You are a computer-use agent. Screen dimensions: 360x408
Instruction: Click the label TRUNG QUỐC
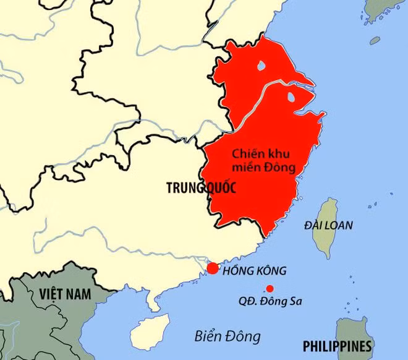point(202,189)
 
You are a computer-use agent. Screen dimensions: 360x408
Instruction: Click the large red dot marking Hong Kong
point(213,268)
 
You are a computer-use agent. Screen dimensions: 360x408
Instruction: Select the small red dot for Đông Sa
point(270,288)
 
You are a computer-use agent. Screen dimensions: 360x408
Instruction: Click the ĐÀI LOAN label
point(328,226)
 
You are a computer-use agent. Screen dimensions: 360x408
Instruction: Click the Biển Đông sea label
point(227,336)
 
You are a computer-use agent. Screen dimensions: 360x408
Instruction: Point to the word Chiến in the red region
point(245,153)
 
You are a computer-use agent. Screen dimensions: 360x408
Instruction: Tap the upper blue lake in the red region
point(262,65)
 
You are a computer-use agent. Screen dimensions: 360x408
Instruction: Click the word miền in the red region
point(245,167)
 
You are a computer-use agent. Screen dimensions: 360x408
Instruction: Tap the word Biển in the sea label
point(207,336)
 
